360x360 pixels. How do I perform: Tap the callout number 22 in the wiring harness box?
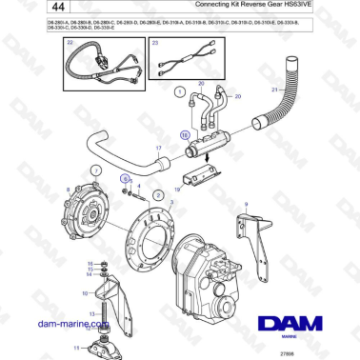[x=68, y=43]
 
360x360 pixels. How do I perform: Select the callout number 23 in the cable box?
[x=154, y=43]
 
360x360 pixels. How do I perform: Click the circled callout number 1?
[x=178, y=91]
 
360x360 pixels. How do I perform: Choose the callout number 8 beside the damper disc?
[x=68, y=190]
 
